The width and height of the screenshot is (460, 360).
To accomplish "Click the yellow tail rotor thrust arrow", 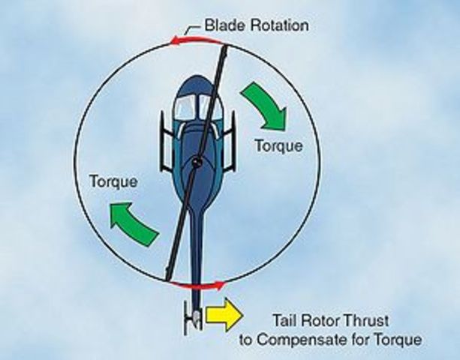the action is (224, 314).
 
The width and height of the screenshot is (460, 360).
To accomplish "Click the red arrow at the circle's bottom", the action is (197, 286).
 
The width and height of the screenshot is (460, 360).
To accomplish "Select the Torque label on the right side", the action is (278, 145).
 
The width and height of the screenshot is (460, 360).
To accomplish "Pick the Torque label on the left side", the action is (113, 181).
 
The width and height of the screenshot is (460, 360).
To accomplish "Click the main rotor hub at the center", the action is (196, 160).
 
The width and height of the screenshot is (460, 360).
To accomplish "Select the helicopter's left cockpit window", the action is (183, 106).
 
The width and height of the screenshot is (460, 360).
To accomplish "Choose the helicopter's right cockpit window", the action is (207, 106).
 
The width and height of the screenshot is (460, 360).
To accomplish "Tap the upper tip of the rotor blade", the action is (225, 48).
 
